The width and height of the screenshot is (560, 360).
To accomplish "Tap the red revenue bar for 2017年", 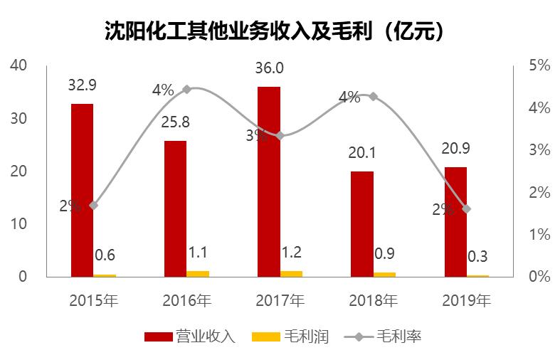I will click(269, 181).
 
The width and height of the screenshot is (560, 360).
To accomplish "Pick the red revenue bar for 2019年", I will click(455, 221).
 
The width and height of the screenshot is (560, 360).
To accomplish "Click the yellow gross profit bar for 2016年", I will click(198, 273).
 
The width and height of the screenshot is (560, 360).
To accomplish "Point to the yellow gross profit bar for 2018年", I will click(384, 274).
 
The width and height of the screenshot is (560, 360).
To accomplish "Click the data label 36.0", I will click(269, 68).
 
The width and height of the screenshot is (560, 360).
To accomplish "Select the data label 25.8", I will click(176, 122).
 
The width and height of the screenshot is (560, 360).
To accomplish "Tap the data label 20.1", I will click(362, 153).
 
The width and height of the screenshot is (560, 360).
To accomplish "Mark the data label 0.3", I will click(478, 257).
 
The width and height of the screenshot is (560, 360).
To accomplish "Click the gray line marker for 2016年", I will click(186, 90).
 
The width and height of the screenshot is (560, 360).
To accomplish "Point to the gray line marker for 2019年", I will click(467, 209).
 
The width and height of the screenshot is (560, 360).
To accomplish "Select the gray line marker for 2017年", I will click(280, 135).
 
